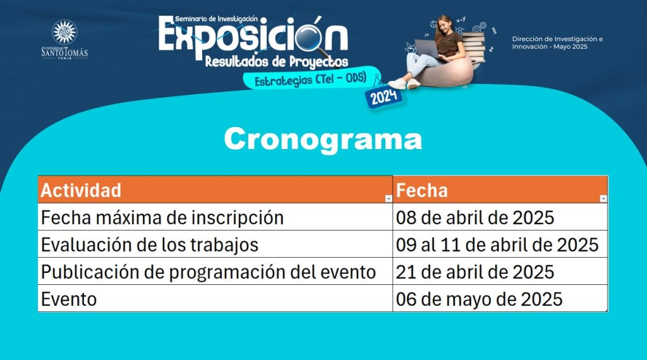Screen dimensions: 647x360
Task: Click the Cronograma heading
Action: [x=323, y=140]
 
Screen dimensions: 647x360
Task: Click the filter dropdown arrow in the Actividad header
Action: [x=389, y=199]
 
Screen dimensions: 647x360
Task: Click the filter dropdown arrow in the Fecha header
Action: [x=603, y=199]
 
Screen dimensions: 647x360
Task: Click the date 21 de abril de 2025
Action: [x=475, y=272]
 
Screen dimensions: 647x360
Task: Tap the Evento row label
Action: [x=69, y=299]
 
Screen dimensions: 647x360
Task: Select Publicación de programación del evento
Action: [x=209, y=272]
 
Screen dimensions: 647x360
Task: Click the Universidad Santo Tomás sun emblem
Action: [x=64, y=32]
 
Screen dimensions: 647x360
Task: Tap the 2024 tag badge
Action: [x=384, y=97]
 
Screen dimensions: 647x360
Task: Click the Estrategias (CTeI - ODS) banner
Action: [x=311, y=78]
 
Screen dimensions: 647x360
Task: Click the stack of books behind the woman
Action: [x=475, y=48]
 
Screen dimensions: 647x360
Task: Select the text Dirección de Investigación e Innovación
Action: [x=557, y=42]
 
